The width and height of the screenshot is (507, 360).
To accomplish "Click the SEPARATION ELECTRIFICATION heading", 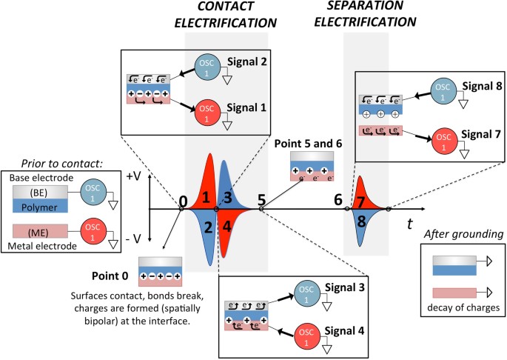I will point(367,14).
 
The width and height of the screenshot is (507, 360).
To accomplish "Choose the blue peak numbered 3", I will point(228,197).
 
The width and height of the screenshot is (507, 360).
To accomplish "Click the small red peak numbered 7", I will point(360,201).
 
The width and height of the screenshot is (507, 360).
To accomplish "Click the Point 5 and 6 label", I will point(303,141).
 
